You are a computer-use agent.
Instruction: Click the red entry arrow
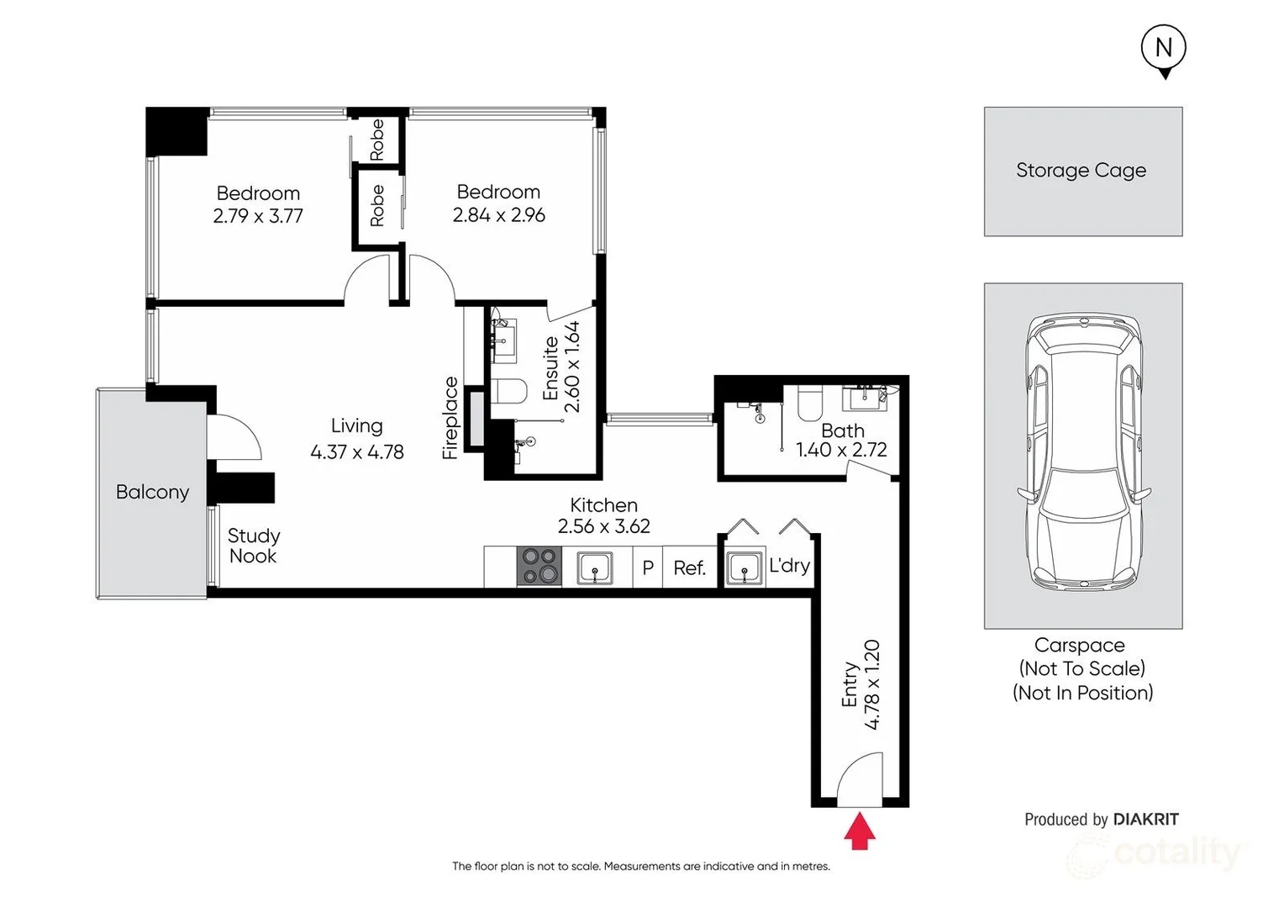pos(860,830)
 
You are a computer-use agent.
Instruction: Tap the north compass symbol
pos(1164,51)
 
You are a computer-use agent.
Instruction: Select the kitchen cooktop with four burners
pos(539,566)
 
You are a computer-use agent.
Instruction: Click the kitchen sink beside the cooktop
pos(595,567)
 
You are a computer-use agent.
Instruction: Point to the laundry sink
pos(744,567)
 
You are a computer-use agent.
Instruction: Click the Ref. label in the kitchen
pos(689,567)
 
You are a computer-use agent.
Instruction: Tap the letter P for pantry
pos(648,567)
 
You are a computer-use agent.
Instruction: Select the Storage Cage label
pos(1081,171)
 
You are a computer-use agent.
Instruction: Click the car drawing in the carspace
pos(1084,452)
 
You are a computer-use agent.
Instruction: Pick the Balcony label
pos(152,492)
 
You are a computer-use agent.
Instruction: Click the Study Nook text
pos(254,546)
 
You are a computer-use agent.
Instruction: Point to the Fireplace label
pos(450,418)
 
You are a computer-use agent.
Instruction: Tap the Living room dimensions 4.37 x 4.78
pos(357,452)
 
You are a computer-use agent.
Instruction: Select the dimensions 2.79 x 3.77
pos(258,216)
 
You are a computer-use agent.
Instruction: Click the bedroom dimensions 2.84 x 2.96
pos(498,215)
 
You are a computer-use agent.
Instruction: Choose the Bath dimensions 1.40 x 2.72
pos(841,450)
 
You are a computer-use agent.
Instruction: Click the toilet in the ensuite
pos(508,391)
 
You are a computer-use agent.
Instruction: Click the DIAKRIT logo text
pos(1146,819)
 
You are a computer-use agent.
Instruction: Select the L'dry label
pos(789,566)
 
